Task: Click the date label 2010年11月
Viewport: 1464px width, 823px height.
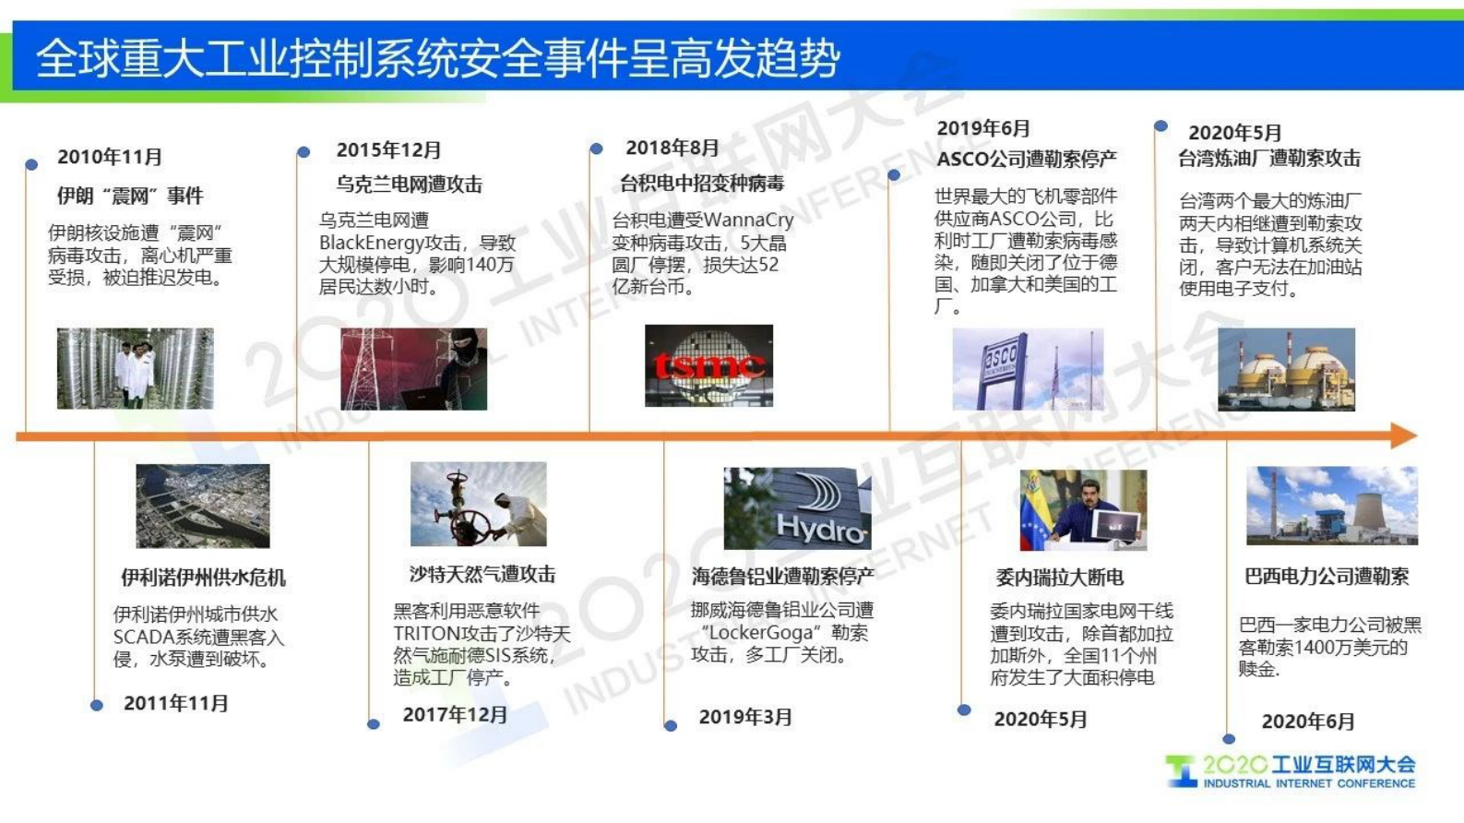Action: tap(110, 157)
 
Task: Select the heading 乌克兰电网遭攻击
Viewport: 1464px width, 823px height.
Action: tap(409, 185)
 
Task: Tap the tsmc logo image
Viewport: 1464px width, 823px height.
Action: tap(708, 366)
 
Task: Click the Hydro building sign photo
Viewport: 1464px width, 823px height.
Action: tap(797, 507)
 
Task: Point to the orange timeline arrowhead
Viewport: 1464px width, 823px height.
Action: tap(1403, 435)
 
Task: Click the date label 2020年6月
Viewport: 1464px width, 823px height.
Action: tap(1307, 722)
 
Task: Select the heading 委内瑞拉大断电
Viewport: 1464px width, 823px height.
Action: tap(1059, 578)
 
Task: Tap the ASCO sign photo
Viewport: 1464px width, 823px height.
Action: tap(1028, 369)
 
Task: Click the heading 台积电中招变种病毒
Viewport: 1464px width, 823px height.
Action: tap(701, 184)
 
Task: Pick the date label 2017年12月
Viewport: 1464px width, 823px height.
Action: tap(455, 714)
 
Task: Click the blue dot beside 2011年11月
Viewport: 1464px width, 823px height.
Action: tap(97, 705)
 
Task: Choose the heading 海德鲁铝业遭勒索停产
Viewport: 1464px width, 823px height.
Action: tap(782, 577)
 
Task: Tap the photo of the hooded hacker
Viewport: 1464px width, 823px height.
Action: tap(413, 369)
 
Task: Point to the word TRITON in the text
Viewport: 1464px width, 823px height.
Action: tap(426, 633)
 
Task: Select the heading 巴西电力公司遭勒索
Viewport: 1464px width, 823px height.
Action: tap(1326, 577)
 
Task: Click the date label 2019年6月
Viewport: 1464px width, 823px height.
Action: tap(982, 129)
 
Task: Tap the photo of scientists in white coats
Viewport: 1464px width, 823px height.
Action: tap(135, 368)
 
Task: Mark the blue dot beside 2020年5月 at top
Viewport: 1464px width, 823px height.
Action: tap(1160, 126)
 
